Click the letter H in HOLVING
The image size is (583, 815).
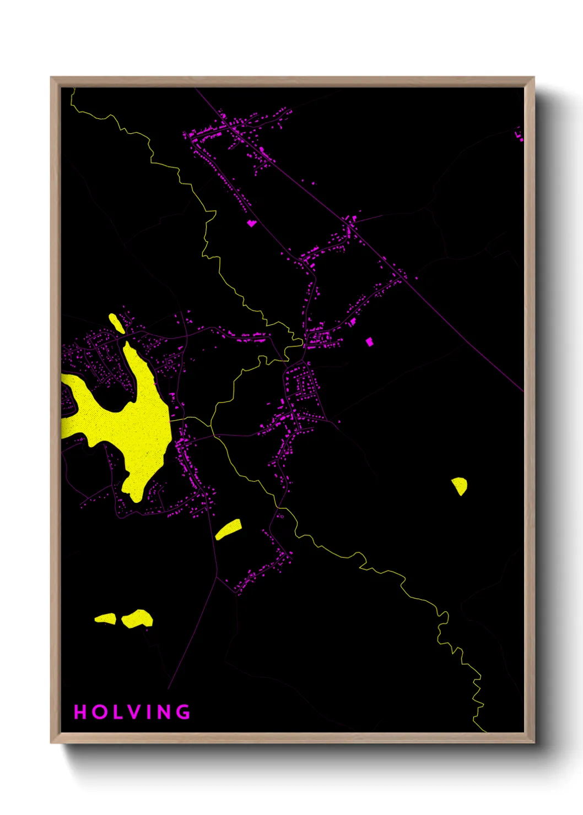tap(80, 712)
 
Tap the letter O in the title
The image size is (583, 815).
tap(100, 712)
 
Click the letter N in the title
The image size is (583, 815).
tap(165, 712)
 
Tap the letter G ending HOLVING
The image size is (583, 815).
tap(184, 712)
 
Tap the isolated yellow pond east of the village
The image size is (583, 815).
tap(460, 486)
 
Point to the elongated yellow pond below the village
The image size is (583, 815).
tap(228, 529)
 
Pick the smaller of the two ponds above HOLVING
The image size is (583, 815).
tap(105, 619)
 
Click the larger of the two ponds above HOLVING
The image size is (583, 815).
tap(137, 618)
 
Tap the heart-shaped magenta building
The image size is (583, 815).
tap(251, 223)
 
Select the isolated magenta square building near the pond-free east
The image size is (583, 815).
tap(369, 342)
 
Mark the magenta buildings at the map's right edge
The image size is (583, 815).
tap(519, 134)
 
